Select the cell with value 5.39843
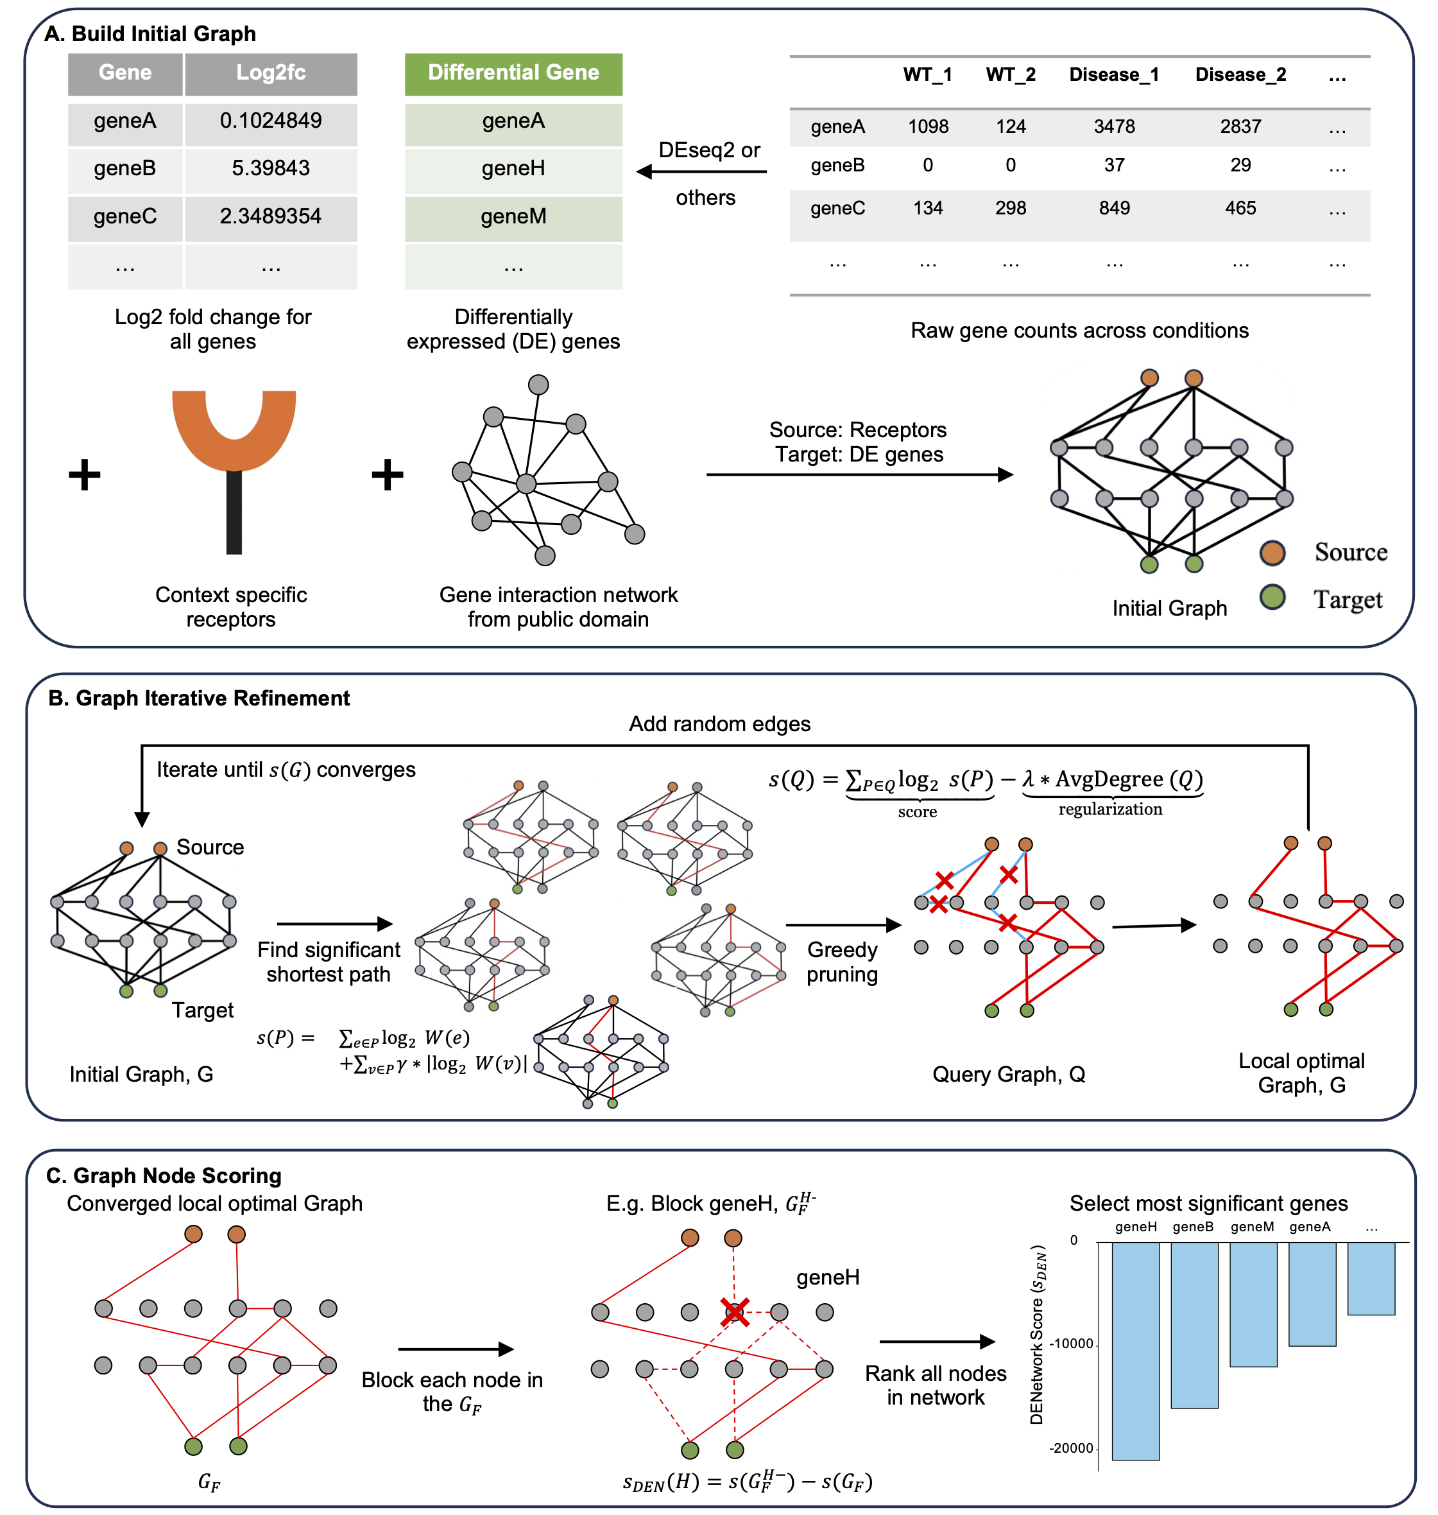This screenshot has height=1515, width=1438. coord(271,169)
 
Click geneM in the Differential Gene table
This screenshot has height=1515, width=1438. coord(513,217)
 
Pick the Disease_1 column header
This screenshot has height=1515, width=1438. coord(1113,75)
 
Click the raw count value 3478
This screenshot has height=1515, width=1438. coord(1114,126)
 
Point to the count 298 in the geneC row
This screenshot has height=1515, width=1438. coord(1010,208)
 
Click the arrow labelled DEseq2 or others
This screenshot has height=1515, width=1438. coord(701,172)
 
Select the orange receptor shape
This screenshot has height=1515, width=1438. coord(234,429)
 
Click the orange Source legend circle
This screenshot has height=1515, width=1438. coord(1272,553)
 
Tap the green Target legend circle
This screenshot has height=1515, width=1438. coord(1272,597)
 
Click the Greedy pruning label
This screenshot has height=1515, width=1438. coord(842,962)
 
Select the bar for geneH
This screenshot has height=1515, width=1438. coord(1135,1350)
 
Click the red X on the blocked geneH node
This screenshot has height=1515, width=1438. coord(734,1312)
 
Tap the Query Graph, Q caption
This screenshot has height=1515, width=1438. coord(1008,1075)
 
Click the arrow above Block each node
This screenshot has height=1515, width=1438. coord(456,1349)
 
